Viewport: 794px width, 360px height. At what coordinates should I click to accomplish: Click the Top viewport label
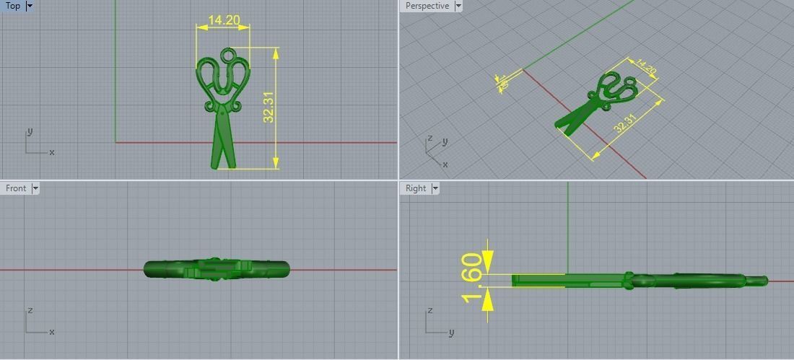tap(13, 6)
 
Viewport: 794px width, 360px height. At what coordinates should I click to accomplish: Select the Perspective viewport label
tap(427, 6)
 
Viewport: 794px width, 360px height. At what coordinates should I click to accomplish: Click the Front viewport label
tap(16, 188)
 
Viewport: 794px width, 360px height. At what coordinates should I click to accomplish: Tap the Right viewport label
tap(416, 188)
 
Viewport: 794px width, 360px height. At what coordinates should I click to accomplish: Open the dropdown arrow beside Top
tap(30, 6)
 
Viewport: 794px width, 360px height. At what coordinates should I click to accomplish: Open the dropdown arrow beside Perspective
tap(458, 6)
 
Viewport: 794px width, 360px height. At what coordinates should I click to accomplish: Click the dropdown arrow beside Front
tap(35, 188)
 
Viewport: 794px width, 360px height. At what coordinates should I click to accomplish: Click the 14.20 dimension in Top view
tap(223, 20)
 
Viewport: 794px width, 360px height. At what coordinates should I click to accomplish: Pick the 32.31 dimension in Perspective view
tap(625, 123)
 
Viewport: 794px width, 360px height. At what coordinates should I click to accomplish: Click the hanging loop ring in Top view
tap(228, 55)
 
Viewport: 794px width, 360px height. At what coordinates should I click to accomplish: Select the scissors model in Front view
tap(217, 270)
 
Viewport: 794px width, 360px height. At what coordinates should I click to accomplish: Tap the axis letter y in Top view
tap(30, 132)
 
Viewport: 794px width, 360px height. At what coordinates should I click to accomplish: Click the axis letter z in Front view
tap(30, 310)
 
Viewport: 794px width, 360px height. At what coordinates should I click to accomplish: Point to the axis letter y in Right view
tap(451, 333)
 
